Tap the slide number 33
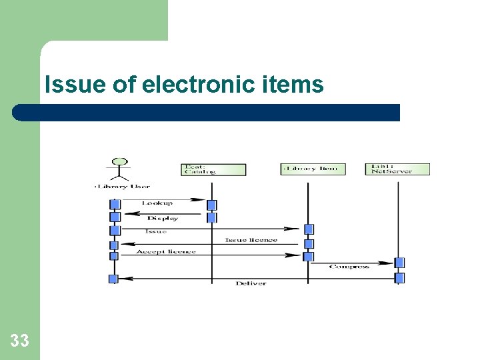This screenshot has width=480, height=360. (19, 341)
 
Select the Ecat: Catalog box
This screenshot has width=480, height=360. (213, 169)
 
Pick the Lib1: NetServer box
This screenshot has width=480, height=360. (397, 169)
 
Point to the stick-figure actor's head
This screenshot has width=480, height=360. (120, 162)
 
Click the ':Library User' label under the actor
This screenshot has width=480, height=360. (122, 187)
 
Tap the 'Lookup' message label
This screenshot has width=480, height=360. (157, 203)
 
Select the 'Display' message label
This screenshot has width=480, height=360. (162, 218)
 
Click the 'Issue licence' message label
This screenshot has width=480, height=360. (251, 240)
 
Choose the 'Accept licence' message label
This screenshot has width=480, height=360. (166, 251)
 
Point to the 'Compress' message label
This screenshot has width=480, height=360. (349, 267)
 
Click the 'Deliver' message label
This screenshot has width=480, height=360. (251, 283)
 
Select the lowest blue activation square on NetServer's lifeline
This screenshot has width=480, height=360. (399, 278)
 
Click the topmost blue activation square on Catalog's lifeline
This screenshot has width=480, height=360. (211, 205)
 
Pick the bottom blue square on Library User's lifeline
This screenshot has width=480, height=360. (113, 279)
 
